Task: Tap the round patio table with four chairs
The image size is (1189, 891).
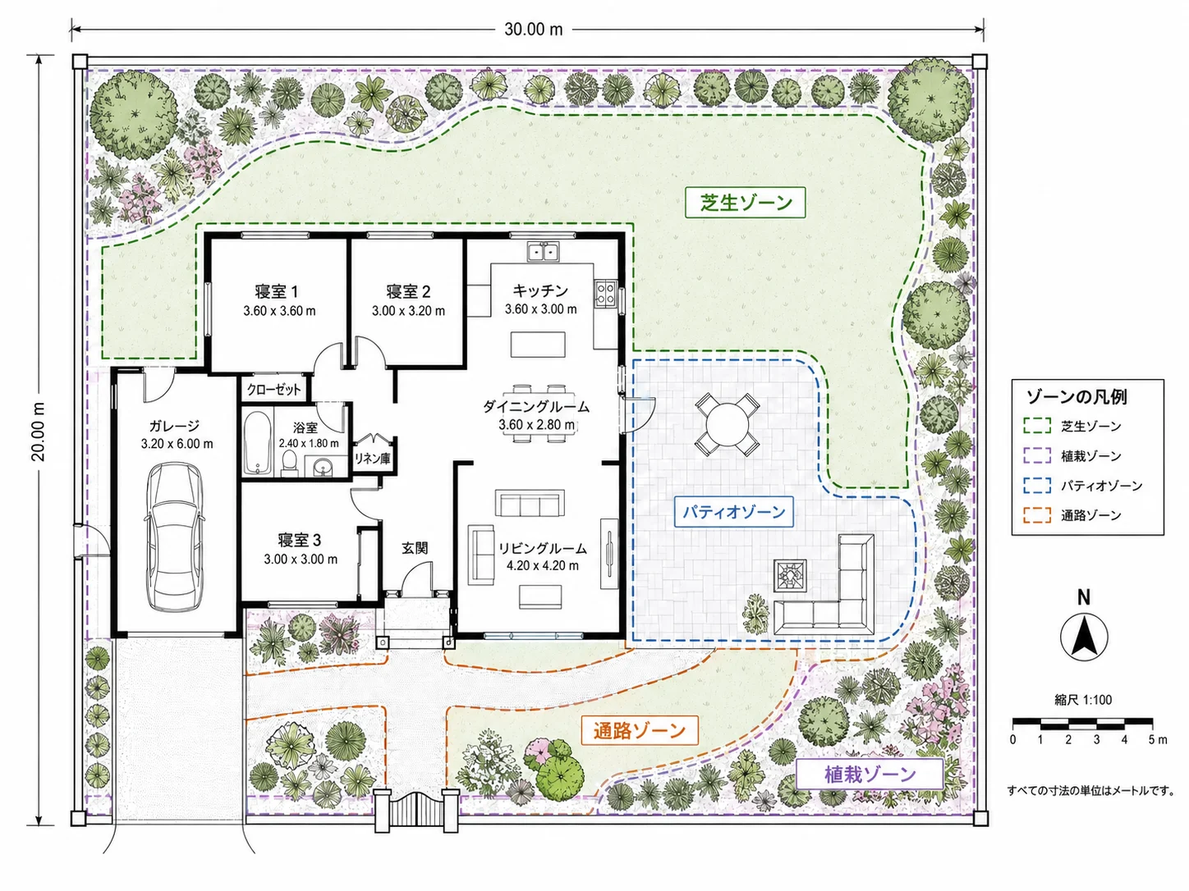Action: pos(727,424)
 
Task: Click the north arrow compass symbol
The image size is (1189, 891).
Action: pos(1083,637)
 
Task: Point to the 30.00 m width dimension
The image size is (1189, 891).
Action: pos(534,30)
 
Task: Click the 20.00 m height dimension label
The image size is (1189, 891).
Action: pos(39,432)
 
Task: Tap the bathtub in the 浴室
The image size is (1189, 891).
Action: pos(257,444)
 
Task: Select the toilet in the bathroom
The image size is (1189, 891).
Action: pos(290,464)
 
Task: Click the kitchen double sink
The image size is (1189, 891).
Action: pos(544,252)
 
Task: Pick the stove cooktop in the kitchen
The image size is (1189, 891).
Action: pos(605,294)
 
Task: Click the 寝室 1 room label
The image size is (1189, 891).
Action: pos(277,291)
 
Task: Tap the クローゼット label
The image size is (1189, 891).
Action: pos(273,390)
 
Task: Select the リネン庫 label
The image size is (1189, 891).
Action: pos(372,458)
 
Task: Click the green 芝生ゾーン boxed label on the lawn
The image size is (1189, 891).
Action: pos(746,203)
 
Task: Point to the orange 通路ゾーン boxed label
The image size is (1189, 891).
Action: pos(639,730)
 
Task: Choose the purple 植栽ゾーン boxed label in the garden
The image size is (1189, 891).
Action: pos(870,774)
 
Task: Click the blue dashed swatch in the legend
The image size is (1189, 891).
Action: pos(1037,485)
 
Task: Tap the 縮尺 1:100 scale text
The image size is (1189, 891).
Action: pos(1083,700)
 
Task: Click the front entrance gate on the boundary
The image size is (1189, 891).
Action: pos(416,810)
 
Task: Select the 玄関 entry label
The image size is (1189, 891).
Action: pos(415,548)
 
